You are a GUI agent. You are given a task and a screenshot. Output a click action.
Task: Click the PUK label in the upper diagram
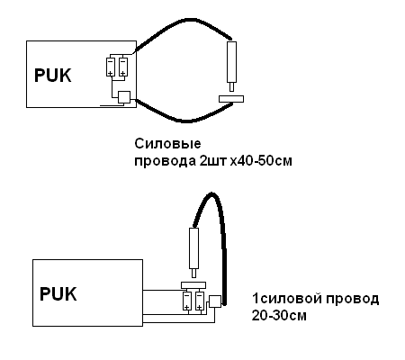[x=53, y=76]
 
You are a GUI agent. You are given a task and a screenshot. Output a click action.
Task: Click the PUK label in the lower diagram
[x=58, y=294]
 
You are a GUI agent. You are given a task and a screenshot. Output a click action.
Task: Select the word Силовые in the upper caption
[x=167, y=144]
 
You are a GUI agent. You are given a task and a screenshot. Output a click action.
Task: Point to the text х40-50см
[x=261, y=161]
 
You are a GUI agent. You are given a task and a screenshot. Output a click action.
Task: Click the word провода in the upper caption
[x=165, y=161]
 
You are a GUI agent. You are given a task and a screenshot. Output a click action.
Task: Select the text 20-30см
[x=279, y=316]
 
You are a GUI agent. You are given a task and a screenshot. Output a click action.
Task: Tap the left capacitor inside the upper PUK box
[x=111, y=67]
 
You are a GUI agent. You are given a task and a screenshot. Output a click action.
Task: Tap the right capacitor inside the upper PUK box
[x=123, y=67]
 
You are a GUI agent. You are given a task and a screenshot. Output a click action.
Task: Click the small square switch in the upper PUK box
[x=124, y=97]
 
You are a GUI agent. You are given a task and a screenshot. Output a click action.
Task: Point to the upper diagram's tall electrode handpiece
[x=231, y=67]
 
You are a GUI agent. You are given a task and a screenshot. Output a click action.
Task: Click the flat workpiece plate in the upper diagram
[x=231, y=99]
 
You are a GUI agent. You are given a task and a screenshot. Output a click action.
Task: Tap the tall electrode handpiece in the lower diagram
[x=193, y=253]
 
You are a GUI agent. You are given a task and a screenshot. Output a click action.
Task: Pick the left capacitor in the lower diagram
[x=187, y=301]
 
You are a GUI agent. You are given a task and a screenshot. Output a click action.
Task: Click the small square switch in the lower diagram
[x=215, y=301]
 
